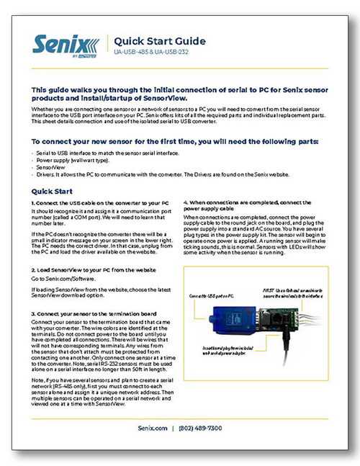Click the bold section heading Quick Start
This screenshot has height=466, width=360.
pyautogui.click(x=53, y=192)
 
